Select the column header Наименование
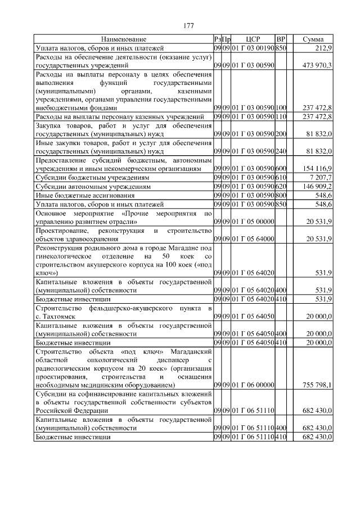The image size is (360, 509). point(124,39)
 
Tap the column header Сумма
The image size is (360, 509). point(313,39)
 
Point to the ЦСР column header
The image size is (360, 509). point(253,39)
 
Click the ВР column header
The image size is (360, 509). point(282,39)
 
